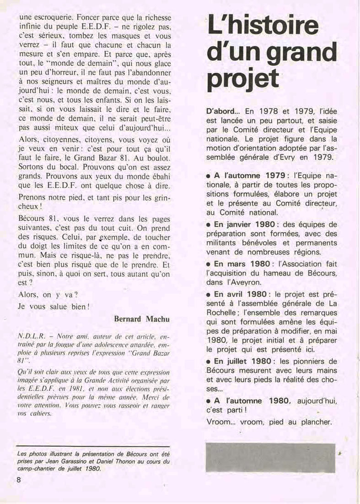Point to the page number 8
[x=19, y=480]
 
